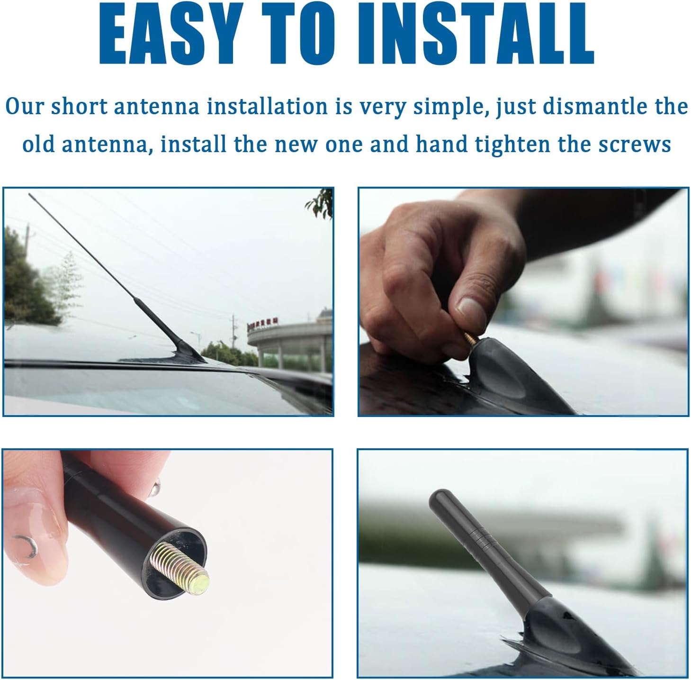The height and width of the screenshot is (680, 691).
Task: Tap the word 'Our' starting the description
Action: click(25, 107)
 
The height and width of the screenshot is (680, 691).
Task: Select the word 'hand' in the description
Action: click(441, 144)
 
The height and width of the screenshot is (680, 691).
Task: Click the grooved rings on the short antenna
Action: click(481, 541)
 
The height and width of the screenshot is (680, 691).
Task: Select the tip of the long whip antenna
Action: click(30, 195)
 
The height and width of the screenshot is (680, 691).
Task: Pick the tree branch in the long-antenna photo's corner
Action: click(320, 204)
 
